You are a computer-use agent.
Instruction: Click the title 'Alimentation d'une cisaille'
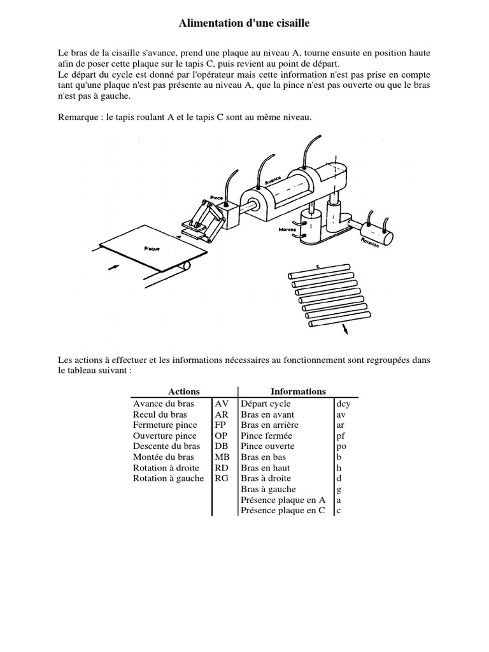coord(244,24)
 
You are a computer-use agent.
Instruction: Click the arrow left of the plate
coord(113,268)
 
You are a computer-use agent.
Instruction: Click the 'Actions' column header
coord(184,392)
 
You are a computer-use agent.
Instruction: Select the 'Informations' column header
coord(298,392)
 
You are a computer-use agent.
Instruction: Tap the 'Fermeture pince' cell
coord(165,425)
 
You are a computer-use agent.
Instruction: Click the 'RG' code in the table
coord(222,478)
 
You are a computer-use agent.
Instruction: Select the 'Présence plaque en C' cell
coord(283,511)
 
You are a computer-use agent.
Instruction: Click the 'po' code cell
coord(341,446)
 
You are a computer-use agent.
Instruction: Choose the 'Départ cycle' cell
coord(266,404)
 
